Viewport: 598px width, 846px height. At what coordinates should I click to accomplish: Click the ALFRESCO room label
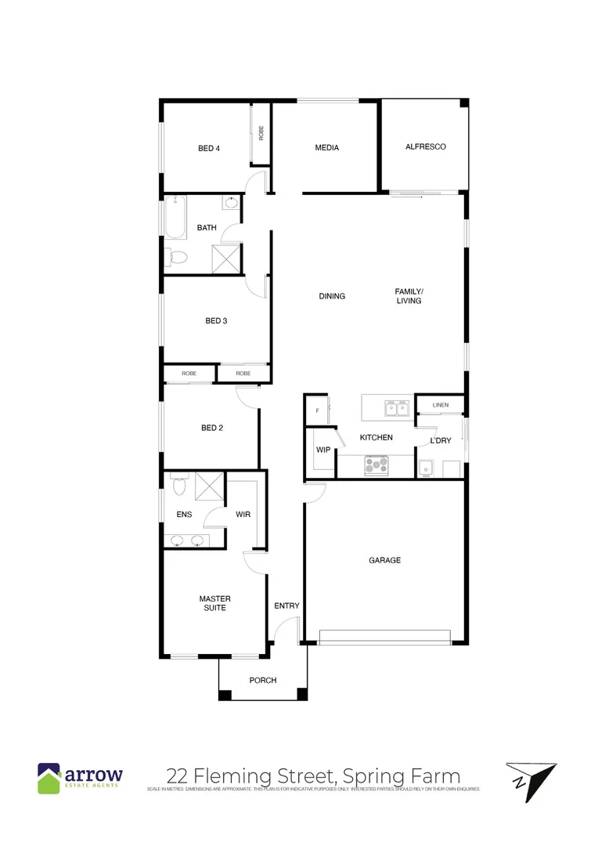[x=425, y=146]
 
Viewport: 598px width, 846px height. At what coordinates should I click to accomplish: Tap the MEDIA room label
[x=326, y=147]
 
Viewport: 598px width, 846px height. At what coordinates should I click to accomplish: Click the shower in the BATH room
[x=227, y=258]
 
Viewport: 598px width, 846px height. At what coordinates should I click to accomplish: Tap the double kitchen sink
[x=396, y=407]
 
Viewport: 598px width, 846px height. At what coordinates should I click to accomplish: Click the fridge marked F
[x=317, y=410]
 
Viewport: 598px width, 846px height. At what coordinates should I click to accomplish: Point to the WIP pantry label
[x=322, y=450]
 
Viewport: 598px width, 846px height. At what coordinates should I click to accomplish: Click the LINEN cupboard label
[x=440, y=405]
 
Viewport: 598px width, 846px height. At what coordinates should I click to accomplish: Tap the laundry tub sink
[x=425, y=468]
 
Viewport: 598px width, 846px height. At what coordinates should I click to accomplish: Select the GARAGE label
[x=384, y=560]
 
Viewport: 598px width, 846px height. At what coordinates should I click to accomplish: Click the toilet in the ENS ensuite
[x=178, y=486]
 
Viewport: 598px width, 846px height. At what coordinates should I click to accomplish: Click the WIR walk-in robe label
[x=243, y=515]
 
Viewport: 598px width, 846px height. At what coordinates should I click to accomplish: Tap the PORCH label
[x=263, y=680]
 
